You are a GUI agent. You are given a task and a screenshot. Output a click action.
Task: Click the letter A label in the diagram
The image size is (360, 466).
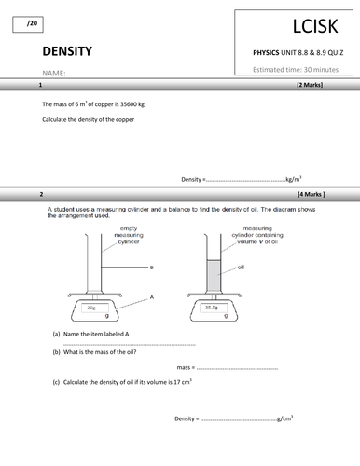(149, 295)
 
